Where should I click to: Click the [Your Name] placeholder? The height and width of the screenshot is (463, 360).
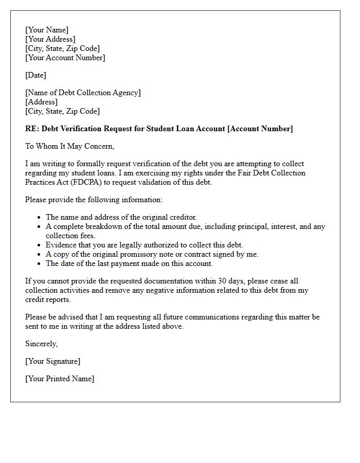47,30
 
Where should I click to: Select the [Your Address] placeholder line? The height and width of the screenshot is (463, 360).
50,39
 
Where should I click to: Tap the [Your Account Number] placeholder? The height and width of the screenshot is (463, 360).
65,58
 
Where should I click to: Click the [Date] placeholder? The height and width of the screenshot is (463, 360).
35,75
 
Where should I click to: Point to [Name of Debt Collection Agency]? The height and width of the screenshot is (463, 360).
83,93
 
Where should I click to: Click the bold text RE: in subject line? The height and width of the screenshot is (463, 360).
32,129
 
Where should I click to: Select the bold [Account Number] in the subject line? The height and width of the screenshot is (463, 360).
260,129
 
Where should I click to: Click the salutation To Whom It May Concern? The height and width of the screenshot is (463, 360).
69,146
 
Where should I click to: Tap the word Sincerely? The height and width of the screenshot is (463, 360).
42,344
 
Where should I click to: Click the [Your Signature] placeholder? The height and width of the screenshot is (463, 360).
52,361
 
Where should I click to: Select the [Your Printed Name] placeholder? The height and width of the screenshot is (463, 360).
60,379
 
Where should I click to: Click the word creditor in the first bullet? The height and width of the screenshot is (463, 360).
182,217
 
